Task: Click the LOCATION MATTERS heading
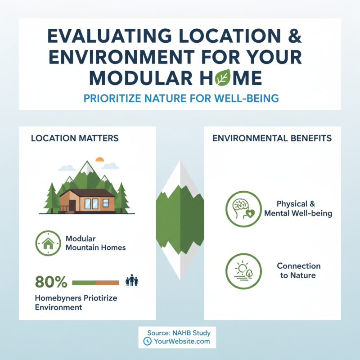pos(75,138)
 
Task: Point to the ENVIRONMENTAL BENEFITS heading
pos(272,138)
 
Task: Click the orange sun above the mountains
pos(100,159)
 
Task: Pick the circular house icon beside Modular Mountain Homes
pos(48,243)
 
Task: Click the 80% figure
pos(51,283)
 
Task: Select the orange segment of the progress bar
pos(108,283)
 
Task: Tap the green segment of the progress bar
pos(84,283)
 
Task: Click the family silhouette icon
pos(132,281)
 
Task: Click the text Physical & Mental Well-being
pos(298,208)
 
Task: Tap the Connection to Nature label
pos(298,270)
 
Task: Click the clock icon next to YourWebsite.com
pos(147,342)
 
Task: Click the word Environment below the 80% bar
pos(58,308)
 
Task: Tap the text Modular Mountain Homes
pos(95,243)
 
